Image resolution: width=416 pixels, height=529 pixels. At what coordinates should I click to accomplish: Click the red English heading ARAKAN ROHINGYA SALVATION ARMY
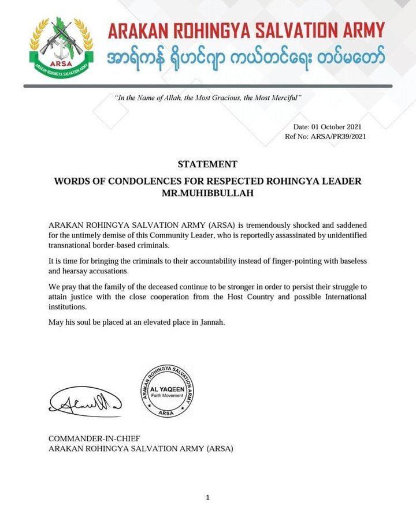coord(246,31)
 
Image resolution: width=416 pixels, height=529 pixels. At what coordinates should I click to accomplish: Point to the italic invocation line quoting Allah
coord(209,98)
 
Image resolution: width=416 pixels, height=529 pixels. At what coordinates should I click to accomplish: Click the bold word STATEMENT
coord(207,164)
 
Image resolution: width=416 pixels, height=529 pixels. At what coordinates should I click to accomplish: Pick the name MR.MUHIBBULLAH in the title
coord(207,193)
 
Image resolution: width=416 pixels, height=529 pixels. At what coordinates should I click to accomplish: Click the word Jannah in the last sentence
coord(210,322)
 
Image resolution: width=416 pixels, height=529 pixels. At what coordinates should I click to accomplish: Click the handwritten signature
coord(85,400)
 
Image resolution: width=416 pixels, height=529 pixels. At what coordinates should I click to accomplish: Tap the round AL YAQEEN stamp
coord(168,391)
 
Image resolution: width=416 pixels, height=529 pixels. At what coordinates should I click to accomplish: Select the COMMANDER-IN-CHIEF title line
coord(94,438)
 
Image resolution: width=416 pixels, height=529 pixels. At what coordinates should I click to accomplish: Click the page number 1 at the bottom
coord(207,498)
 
